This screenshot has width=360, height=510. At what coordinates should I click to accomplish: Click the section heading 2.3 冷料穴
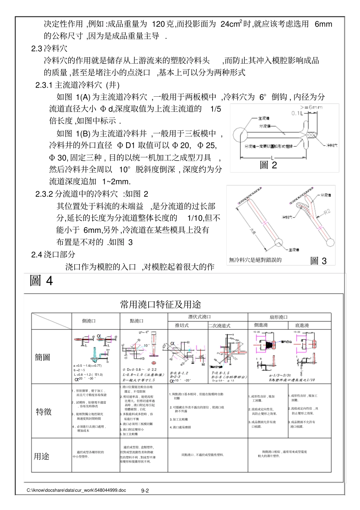pos(49,49)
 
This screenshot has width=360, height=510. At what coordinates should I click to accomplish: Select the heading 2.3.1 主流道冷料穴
pos(77,85)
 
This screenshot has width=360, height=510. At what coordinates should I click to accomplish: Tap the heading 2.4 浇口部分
pos(53,254)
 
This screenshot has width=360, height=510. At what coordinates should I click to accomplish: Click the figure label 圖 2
pos(268,165)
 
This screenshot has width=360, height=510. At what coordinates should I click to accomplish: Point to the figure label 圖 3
pos(318,260)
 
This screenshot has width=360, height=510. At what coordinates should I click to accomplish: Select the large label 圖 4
pos(41,281)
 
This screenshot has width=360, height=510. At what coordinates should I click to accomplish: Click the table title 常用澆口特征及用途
pos(160,304)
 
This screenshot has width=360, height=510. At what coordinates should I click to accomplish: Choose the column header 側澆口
pos(89,321)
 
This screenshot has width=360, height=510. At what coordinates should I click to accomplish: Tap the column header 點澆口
pos(137,321)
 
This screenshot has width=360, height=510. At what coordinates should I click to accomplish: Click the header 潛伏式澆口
pos(200,317)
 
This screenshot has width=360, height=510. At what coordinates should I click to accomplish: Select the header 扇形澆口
pos(279,317)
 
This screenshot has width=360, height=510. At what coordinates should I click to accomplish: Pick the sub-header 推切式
pos(182,325)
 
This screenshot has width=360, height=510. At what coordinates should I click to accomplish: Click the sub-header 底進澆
pos(302,325)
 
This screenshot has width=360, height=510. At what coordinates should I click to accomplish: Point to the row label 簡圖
pos(42,357)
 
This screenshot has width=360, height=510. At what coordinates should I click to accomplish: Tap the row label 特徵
pos(44,412)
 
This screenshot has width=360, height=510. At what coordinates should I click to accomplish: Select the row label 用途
pos(42,457)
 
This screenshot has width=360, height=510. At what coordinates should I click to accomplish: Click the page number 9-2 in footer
pos(145,491)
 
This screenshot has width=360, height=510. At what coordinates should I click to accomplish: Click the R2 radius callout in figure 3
pos(327,212)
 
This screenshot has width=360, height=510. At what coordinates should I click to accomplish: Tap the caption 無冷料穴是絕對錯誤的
pos(255,260)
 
